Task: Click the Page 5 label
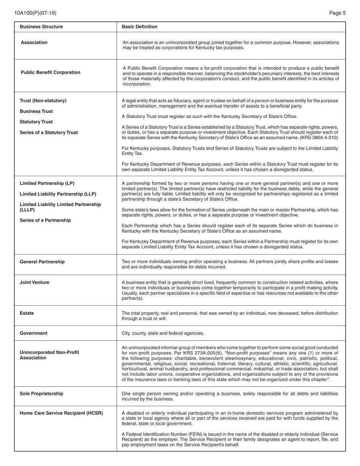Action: coord(337,13)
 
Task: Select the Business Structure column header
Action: coord(41,27)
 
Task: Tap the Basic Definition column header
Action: coord(139,27)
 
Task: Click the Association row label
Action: coord(34,42)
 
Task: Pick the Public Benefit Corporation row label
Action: coord(50,72)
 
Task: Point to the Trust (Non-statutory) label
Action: coord(43,100)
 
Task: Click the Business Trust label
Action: coord(36,111)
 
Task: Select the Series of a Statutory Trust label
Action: coord(49,133)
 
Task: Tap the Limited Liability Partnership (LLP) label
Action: coord(58,194)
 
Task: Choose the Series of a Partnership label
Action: coord(45,220)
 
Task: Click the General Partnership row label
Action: coord(42,262)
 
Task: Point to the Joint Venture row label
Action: coord(34,282)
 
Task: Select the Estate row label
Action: coord(27,313)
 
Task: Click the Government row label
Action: coord(34,333)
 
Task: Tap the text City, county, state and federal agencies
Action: coord(163,333)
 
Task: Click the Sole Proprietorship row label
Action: coord(42,394)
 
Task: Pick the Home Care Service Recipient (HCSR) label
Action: coord(61,413)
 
